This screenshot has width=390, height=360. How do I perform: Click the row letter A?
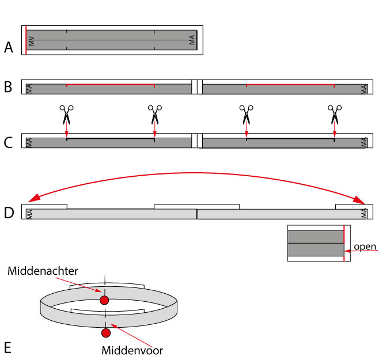coord(9,47)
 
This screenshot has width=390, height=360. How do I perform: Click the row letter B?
coord(8,87)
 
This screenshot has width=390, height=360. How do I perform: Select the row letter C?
coord(8,143)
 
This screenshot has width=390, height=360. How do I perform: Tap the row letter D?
coord(9,213)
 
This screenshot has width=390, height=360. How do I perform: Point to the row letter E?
coord(7,347)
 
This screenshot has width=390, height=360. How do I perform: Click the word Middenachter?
coord(43,271)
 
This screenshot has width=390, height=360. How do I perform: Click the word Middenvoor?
coord(132,350)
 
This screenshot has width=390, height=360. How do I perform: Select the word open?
coord(365,247)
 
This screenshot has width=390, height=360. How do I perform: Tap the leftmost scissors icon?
coord(66,115)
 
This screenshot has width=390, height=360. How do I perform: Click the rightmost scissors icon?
coord(335,115)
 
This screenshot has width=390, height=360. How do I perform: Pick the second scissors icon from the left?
coord(155,115)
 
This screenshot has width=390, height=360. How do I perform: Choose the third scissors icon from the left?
coord(246,115)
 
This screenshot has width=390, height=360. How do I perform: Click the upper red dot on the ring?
coord(104,300)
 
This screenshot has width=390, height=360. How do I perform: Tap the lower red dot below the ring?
coord(106,333)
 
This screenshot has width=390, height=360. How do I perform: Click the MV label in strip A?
coord(31,41)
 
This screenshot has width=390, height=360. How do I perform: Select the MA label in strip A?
coord(192,40)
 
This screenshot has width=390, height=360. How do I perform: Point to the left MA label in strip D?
coord(29,214)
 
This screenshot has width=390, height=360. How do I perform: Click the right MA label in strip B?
coord(364,89)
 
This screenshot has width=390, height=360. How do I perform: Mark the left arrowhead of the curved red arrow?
coord(33,198)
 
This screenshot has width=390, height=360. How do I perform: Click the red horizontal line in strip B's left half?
coord(111,85)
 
